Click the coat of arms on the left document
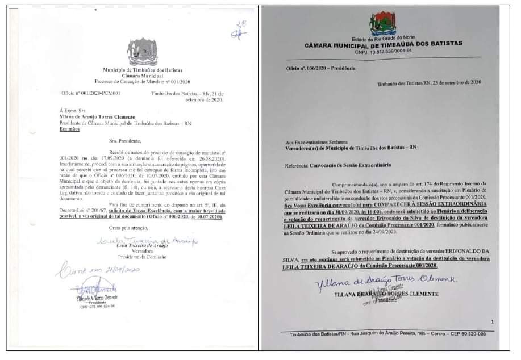(x=143, y=52)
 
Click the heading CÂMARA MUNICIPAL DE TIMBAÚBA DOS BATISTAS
(x=384, y=44)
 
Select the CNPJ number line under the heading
(x=384, y=51)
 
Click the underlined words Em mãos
(x=70, y=129)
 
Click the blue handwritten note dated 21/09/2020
(x=97, y=270)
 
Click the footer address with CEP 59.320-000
(x=387, y=334)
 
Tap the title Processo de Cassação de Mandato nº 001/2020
(x=143, y=81)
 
